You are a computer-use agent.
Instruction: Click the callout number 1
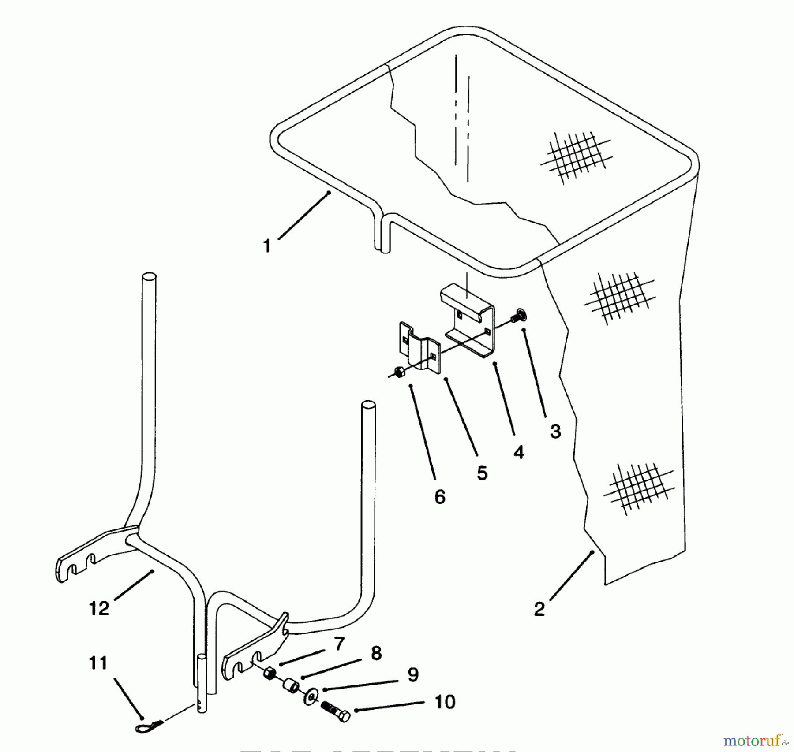[x=266, y=246]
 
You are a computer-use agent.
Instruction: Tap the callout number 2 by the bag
[x=539, y=609]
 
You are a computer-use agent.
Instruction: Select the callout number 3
[x=555, y=431]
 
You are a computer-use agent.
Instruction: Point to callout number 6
[x=440, y=497]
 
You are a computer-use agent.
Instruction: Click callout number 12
[x=98, y=609]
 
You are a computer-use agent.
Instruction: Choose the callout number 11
[x=98, y=663]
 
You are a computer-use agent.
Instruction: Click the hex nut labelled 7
[x=270, y=674]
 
